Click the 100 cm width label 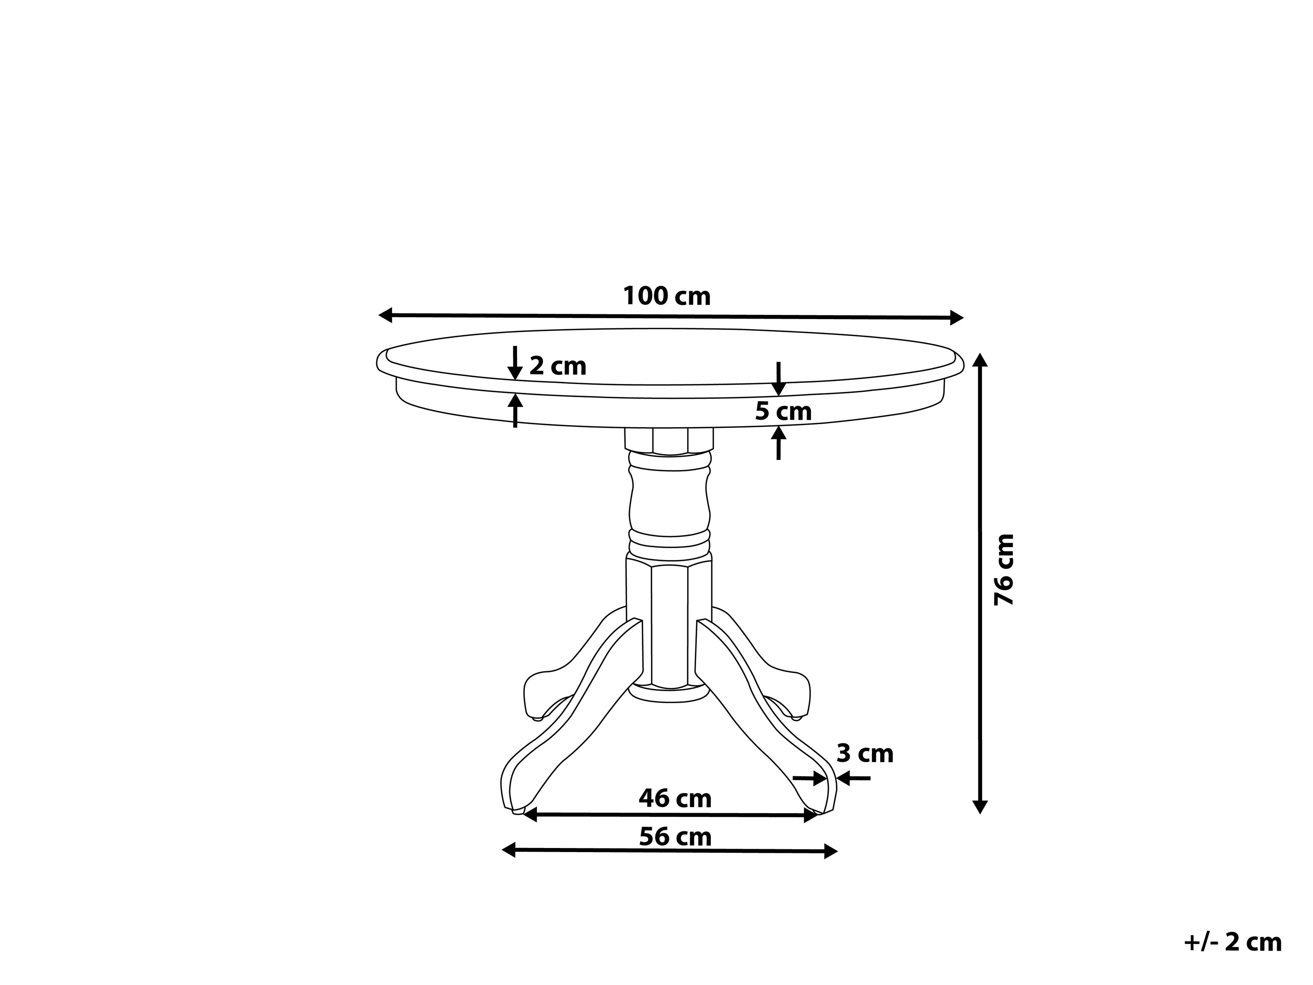click(666, 296)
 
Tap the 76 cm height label click(1004, 569)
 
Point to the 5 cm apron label click(783, 411)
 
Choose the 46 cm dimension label click(675, 798)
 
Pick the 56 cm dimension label click(675, 837)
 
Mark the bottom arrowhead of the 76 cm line click(980, 806)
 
